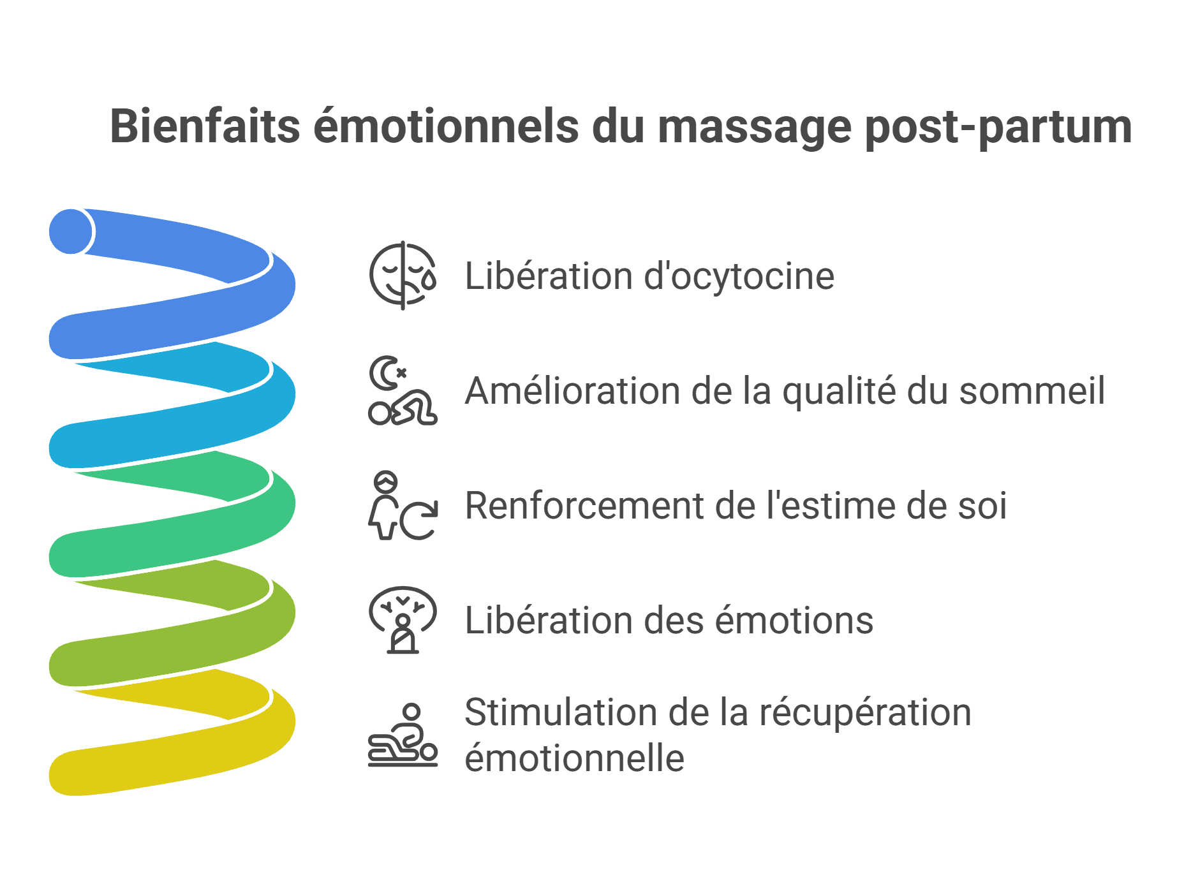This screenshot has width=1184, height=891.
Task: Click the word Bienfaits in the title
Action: (x=205, y=126)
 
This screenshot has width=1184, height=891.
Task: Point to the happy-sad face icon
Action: (x=403, y=276)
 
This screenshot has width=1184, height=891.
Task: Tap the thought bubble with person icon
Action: (x=403, y=620)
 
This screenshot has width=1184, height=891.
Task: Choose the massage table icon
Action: (x=403, y=735)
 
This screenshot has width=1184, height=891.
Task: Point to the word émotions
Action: (x=794, y=620)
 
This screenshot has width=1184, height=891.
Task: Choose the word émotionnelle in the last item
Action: (x=575, y=758)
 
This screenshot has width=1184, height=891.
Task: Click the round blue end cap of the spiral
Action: (x=71, y=231)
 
